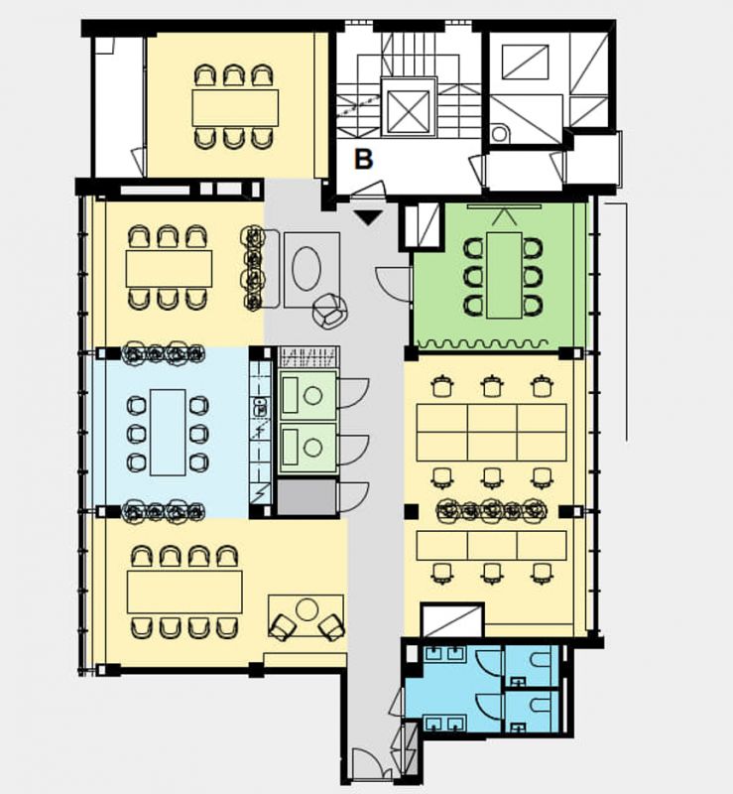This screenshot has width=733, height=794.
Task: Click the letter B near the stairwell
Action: [363, 159]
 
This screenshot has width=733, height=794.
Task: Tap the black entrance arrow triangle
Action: [368, 218]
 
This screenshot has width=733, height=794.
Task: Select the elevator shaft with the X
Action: [408, 107]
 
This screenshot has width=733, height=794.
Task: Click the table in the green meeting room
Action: [504, 276]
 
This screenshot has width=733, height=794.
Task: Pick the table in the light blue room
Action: [168, 432]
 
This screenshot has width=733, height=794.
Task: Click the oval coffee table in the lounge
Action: [306, 268]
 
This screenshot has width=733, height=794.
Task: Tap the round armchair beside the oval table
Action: [329, 312]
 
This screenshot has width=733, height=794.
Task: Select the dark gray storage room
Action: [307, 497]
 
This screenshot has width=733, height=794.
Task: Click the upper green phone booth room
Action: [307, 395]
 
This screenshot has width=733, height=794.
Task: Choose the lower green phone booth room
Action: [307, 448]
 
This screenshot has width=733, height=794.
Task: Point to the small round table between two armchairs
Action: [306, 609]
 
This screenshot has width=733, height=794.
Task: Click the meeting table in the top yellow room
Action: [235, 108]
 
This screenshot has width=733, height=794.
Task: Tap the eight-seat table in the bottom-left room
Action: [184, 592]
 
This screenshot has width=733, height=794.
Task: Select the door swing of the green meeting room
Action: [393, 284]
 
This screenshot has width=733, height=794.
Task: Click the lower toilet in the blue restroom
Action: [541, 707]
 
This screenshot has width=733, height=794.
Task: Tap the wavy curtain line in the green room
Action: [482, 344]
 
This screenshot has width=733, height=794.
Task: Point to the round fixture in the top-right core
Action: [499, 134]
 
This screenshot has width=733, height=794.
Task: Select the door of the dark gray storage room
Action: [353, 497]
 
